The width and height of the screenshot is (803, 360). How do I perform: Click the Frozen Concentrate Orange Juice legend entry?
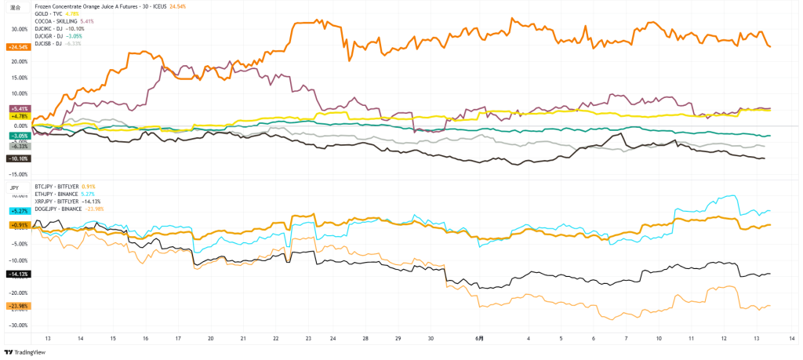click(86, 5)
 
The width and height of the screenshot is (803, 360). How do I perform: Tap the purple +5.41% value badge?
click(19, 108)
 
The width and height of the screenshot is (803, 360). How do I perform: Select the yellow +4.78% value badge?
click(19, 116)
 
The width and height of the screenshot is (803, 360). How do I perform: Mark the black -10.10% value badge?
click(18, 158)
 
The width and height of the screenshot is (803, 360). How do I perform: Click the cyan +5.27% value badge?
click(19, 210)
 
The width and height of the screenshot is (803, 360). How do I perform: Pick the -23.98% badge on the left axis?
click(18, 305)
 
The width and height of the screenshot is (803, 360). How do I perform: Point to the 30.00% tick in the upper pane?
click(19, 29)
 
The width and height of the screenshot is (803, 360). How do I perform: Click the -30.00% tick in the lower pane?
click(19, 325)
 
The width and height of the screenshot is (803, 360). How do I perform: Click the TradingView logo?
click(25, 353)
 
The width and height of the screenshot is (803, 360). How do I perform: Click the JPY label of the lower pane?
click(14, 187)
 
